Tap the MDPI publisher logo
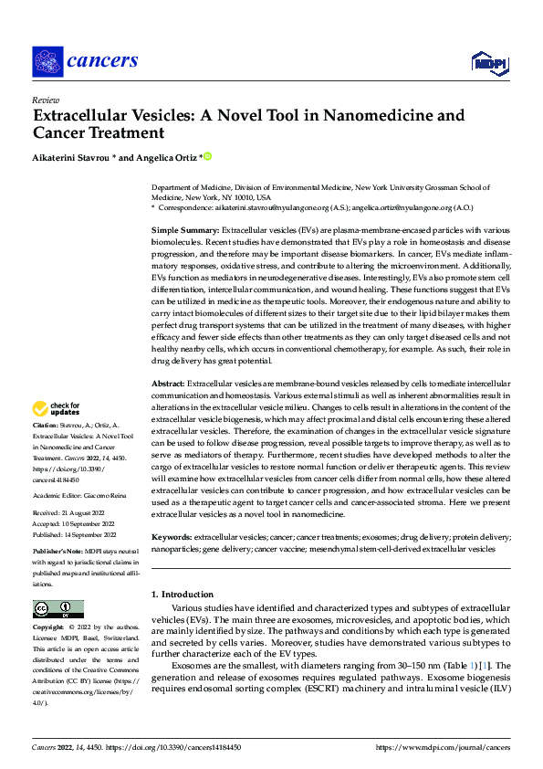pyautogui.click(x=488, y=62)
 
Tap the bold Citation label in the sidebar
pyautogui.click(x=46, y=427)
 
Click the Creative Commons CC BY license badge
pyautogui.click(x=57, y=608)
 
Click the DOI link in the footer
pyautogui.click(x=185, y=746)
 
